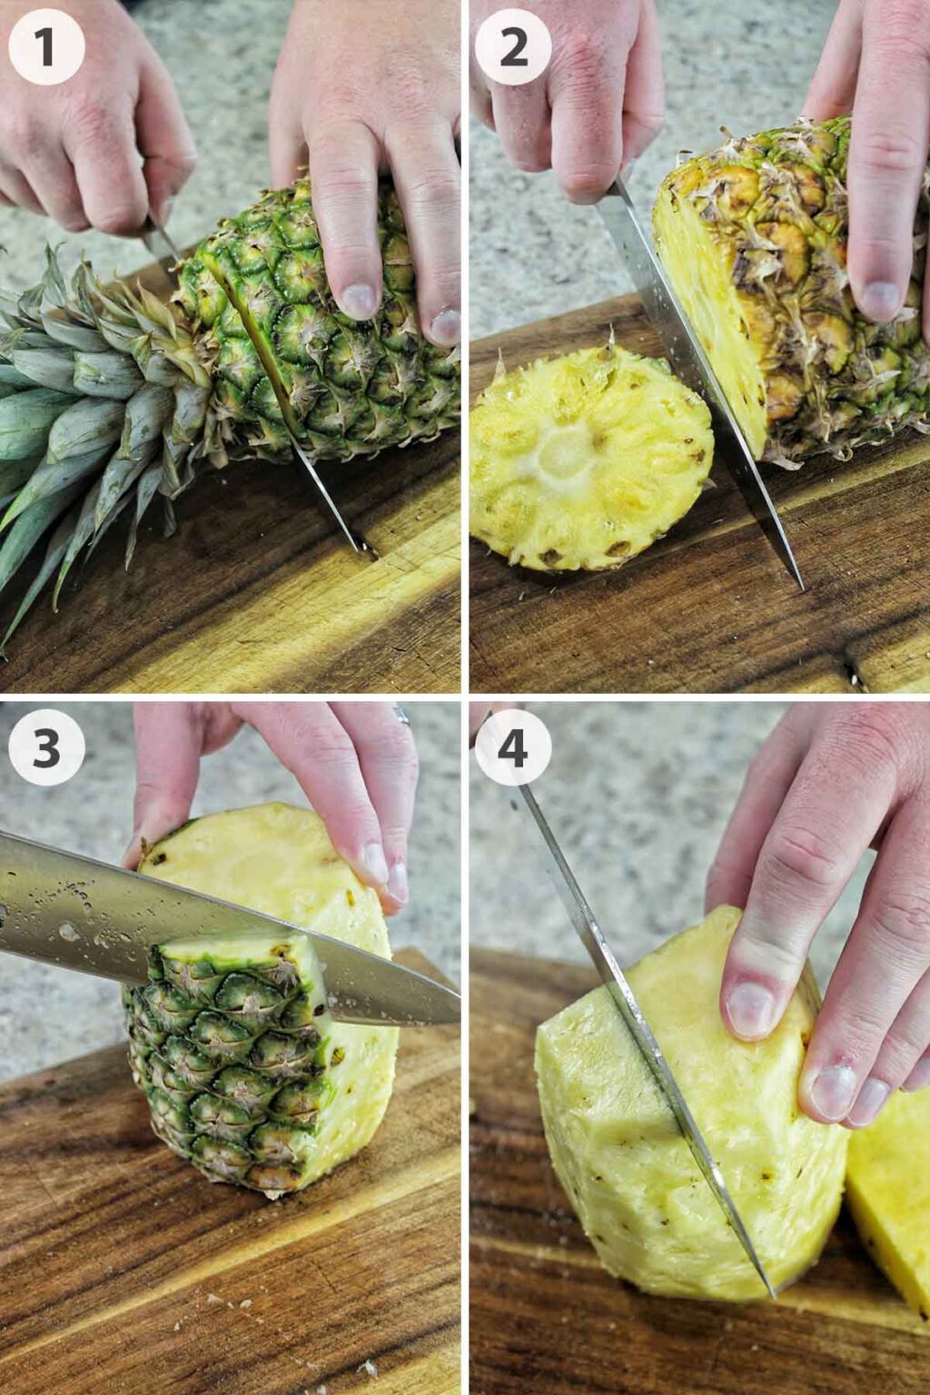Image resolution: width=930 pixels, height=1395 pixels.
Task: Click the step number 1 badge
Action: [x=46, y=46]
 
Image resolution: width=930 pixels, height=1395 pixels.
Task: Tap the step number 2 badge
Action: [x=513, y=46]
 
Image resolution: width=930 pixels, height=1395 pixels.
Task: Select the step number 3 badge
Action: [x=46, y=747]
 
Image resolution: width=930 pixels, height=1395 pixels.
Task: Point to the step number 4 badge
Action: [x=513, y=747]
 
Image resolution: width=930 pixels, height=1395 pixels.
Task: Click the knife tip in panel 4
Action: [x=771, y=1293]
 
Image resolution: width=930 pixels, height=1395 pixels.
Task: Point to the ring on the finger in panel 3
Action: [x=402, y=717]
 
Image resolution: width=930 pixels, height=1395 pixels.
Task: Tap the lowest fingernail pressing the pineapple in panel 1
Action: [x=445, y=327]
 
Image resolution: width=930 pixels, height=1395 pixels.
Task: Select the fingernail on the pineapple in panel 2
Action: [x=879, y=300]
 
